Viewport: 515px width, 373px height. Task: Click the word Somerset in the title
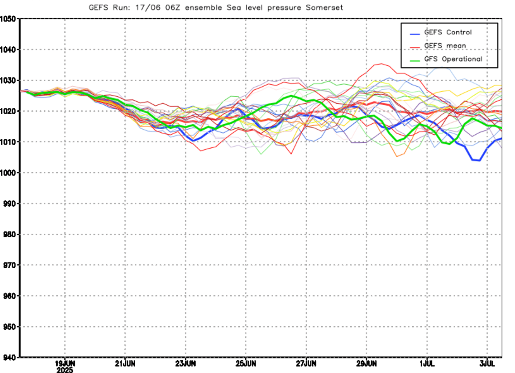pos(324,8)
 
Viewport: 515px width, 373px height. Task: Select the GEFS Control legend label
pos(448,32)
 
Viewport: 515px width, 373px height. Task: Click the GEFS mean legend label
pos(445,46)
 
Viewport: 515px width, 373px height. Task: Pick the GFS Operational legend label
pos(453,59)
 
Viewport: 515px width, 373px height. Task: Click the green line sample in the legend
pos(415,61)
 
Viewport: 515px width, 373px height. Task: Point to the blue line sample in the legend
pos(415,34)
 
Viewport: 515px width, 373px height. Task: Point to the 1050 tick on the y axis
pos(8,19)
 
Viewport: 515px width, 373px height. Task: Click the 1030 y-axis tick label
pos(8,80)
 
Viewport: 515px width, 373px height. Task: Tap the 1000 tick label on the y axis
pos(8,173)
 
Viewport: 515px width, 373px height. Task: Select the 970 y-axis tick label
pos(10,265)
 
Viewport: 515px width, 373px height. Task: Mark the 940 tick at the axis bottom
pos(10,357)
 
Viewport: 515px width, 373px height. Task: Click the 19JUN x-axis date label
pos(65,364)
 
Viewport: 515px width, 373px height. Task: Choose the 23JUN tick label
pos(185,364)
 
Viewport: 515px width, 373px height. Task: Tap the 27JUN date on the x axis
pos(306,364)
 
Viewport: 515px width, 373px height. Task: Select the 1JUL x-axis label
pos(427,364)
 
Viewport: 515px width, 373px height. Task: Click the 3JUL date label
pos(487,364)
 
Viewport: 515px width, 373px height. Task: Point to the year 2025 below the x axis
pos(65,370)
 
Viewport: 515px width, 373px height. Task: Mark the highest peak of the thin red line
pos(382,64)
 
